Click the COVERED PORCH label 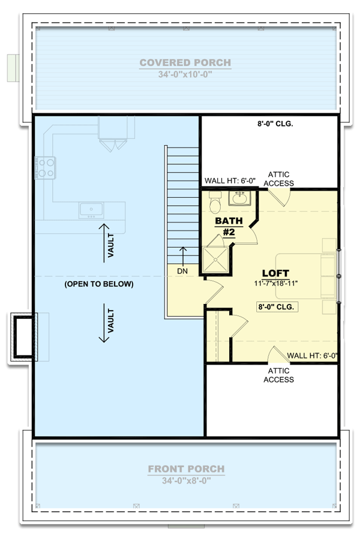pos(185,62)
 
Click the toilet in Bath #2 pos(214,206)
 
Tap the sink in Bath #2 pos(240,198)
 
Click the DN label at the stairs pos(183,271)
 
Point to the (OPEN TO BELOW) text pos(99,284)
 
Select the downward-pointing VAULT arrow pos(104,324)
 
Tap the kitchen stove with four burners pos(46,167)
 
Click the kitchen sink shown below pos(91,209)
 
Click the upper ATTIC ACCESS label pos(281,179)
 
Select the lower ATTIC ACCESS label pos(279,375)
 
